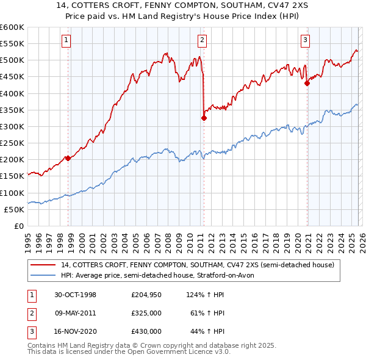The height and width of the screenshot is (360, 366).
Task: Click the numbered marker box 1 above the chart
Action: [x=66, y=41]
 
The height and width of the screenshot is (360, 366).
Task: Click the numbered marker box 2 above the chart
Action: [x=202, y=41]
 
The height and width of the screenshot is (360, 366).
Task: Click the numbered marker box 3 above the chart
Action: [x=305, y=41]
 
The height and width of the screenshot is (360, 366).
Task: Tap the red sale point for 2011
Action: [x=204, y=118]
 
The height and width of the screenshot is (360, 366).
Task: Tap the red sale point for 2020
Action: [x=307, y=84]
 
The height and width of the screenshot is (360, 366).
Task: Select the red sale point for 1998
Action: [x=68, y=158]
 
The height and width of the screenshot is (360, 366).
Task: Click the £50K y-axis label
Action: [x=15, y=209]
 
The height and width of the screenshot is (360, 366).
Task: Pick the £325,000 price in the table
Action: [x=146, y=313]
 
